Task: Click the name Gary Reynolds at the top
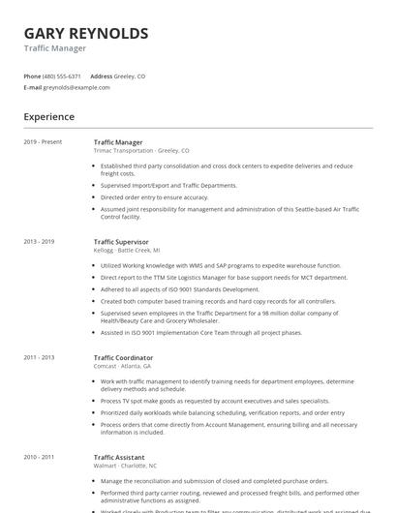pos(86,34)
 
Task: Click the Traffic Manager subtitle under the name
pos(55,48)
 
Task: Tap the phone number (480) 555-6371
pos(63,75)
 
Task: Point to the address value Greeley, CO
pos(130,75)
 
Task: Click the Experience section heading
pos(49,117)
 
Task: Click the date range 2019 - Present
pos(43,142)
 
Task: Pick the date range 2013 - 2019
pos(39,241)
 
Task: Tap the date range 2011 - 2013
pos(39,357)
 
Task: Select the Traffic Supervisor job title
pos(121,241)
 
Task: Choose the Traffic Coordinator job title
pos(123,357)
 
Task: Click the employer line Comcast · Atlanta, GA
pos(122,366)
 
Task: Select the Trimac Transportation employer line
pos(141,151)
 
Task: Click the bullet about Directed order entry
pos(154,196)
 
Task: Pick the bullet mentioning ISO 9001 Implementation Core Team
pos(201,333)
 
